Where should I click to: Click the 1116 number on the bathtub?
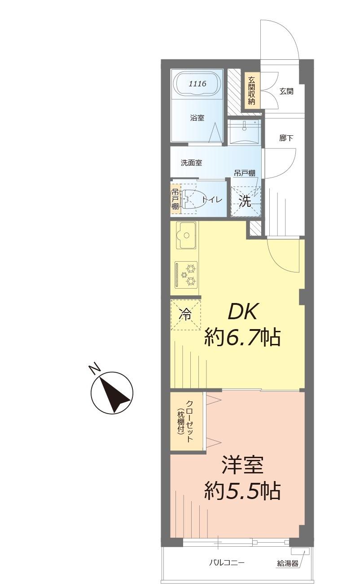[x=197, y=83]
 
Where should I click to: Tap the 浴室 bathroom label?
[x=197, y=118]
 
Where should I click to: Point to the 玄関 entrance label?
[x=286, y=91]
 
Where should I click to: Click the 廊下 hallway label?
[x=286, y=138]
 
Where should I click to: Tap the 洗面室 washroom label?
[x=191, y=163]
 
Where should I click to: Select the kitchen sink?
[x=186, y=235]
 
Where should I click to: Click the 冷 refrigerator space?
[x=185, y=314]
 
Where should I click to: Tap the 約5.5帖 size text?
[x=243, y=491]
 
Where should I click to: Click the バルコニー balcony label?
[x=227, y=562]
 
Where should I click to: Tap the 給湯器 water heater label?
[x=288, y=563]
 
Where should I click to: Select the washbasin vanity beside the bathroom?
[x=245, y=130]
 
